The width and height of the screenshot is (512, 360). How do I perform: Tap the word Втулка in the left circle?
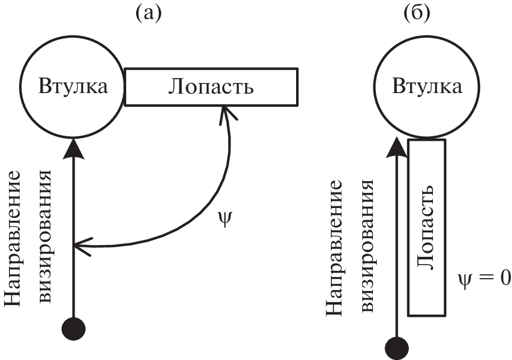click(x=72, y=87)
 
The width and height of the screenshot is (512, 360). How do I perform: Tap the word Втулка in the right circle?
click(x=427, y=87)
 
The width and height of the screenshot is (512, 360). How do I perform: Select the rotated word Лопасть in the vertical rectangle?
click(x=427, y=227)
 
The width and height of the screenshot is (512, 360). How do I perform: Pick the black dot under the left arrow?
click(x=74, y=327)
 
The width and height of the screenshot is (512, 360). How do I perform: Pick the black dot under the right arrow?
click(x=399, y=347)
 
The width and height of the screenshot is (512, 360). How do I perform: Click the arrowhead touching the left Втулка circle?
click(x=73, y=147)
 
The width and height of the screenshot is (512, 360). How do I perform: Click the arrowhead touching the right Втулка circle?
click(x=399, y=147)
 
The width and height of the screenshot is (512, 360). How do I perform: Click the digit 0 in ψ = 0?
click(x=505, y=278)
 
